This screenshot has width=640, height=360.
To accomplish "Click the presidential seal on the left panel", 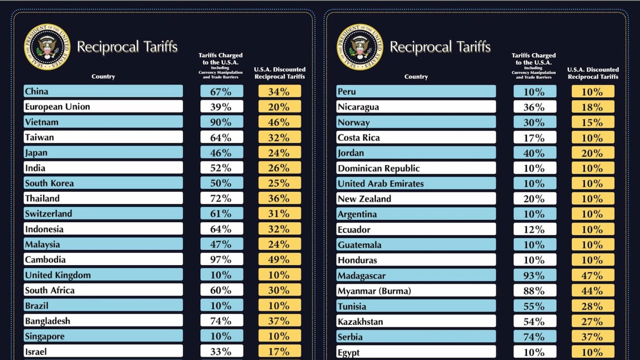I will point(47,47).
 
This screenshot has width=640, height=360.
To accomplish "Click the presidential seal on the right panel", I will point(360,47).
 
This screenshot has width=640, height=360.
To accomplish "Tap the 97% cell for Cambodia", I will point(222,259).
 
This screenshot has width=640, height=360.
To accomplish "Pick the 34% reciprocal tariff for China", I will point(279,92).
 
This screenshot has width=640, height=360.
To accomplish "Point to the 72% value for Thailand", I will point(222,198).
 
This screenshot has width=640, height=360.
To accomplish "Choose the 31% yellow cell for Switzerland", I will point(279,214).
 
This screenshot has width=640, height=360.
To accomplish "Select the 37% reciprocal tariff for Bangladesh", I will point(279,321).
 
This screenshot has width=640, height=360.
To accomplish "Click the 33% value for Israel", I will point(222,351).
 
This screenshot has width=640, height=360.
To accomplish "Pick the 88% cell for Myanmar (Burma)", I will point(535,291).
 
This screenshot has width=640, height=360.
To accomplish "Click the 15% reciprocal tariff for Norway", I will point(593,122).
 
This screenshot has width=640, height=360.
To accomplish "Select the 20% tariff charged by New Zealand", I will point(535,199).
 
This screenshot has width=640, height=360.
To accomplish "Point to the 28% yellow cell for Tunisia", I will point(593,306).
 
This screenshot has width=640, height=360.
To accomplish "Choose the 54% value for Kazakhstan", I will point(535,322).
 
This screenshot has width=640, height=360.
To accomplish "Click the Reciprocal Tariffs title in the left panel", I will point(127,47).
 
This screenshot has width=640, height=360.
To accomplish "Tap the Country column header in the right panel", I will point(416,77).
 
